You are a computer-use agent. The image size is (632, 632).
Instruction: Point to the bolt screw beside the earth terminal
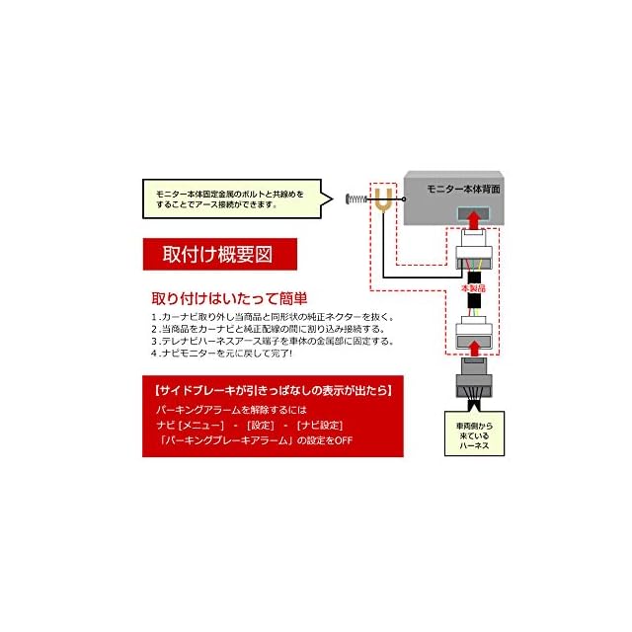coord(357,201)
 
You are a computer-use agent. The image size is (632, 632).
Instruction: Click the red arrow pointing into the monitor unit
coord(474,217)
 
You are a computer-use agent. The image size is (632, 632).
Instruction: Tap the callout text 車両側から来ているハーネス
coord(474,437)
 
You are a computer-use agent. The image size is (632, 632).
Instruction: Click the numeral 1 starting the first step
coord(154,317)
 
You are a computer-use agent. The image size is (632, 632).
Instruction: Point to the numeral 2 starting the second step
coord(154,329)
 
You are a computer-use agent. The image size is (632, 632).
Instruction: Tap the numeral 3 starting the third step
coord(154,341)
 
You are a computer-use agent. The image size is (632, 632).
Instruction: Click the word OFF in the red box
coord(343,439)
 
